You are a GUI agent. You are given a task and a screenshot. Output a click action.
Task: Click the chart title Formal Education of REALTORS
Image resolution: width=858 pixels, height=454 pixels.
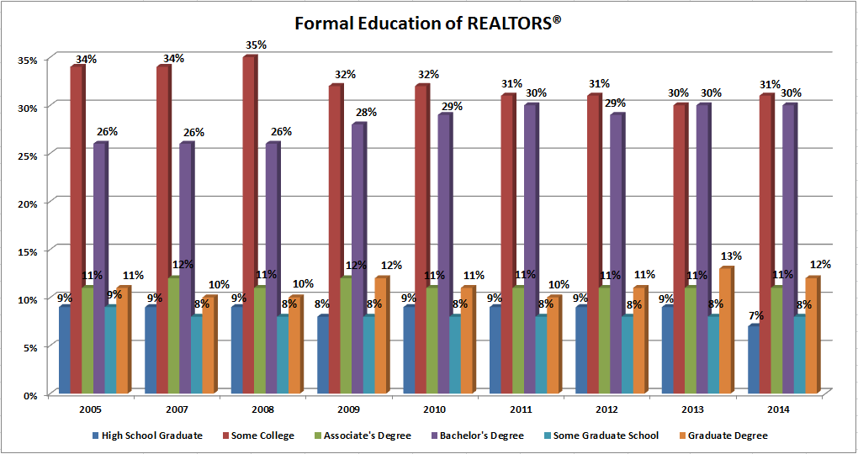click(x=428, y=24)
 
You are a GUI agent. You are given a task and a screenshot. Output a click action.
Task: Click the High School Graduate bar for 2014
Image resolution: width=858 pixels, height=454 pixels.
click(x=754, y=360)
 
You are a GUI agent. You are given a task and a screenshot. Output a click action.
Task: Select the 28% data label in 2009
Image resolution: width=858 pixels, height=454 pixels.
click(x=365, y=113)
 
